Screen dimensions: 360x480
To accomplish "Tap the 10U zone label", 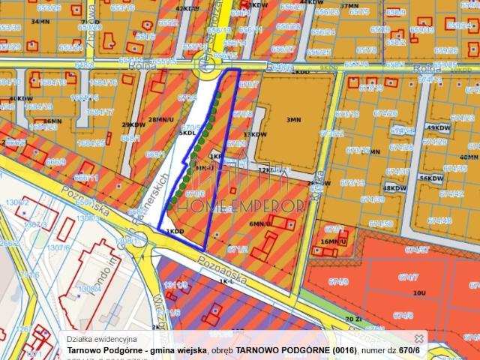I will [419, 292].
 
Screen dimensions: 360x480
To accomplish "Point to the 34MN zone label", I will [40, 22].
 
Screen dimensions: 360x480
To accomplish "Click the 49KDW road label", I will [436, 127].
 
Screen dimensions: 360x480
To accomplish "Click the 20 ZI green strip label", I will [353, 319].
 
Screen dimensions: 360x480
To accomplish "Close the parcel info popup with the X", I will [419, 339].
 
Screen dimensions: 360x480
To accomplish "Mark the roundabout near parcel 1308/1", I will [139, 241].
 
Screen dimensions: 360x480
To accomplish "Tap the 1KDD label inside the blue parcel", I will [175, 231].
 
